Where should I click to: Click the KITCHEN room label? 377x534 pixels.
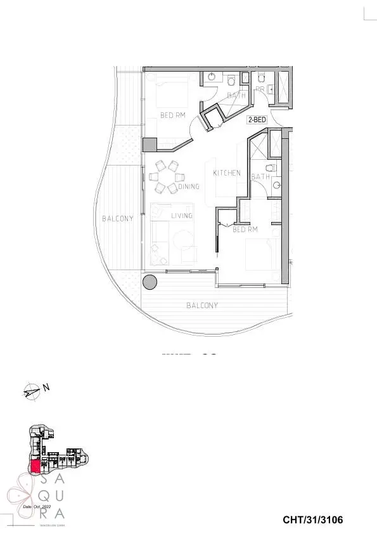226,173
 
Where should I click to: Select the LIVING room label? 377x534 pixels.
181,216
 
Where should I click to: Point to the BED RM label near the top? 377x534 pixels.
172,115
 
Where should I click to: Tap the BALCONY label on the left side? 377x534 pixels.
118,219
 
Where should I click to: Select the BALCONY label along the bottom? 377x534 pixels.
202,306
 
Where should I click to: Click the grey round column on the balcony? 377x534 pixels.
150,282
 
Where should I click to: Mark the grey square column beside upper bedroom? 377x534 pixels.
150,145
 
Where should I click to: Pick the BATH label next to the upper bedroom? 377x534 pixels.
236,95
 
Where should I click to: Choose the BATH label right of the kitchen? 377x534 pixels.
260,176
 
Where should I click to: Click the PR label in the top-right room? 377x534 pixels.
260,90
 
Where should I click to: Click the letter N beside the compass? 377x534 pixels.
46,386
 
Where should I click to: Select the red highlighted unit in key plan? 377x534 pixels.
35,466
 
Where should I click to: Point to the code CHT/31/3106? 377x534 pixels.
312,520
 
